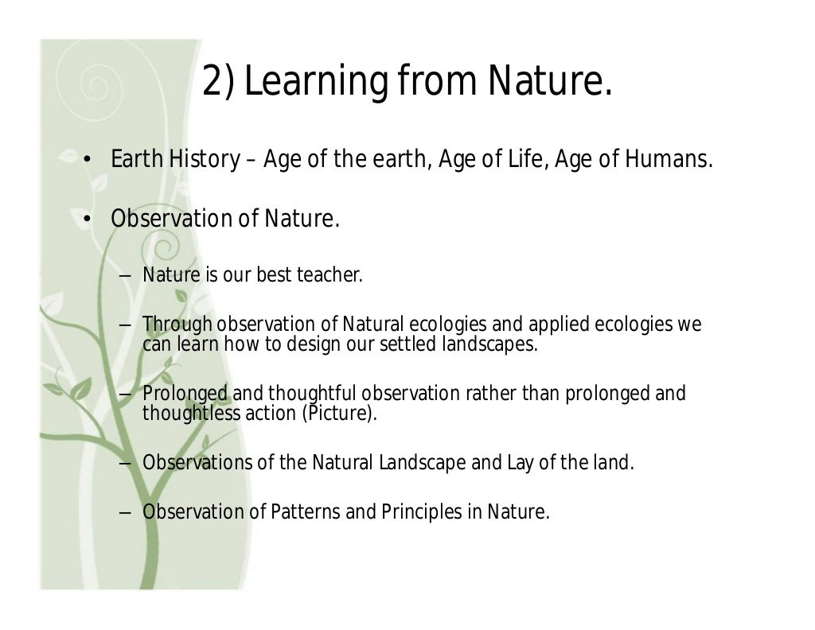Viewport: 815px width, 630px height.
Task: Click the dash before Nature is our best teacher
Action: [126, 277]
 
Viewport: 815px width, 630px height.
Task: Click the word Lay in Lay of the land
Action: [518, 463]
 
